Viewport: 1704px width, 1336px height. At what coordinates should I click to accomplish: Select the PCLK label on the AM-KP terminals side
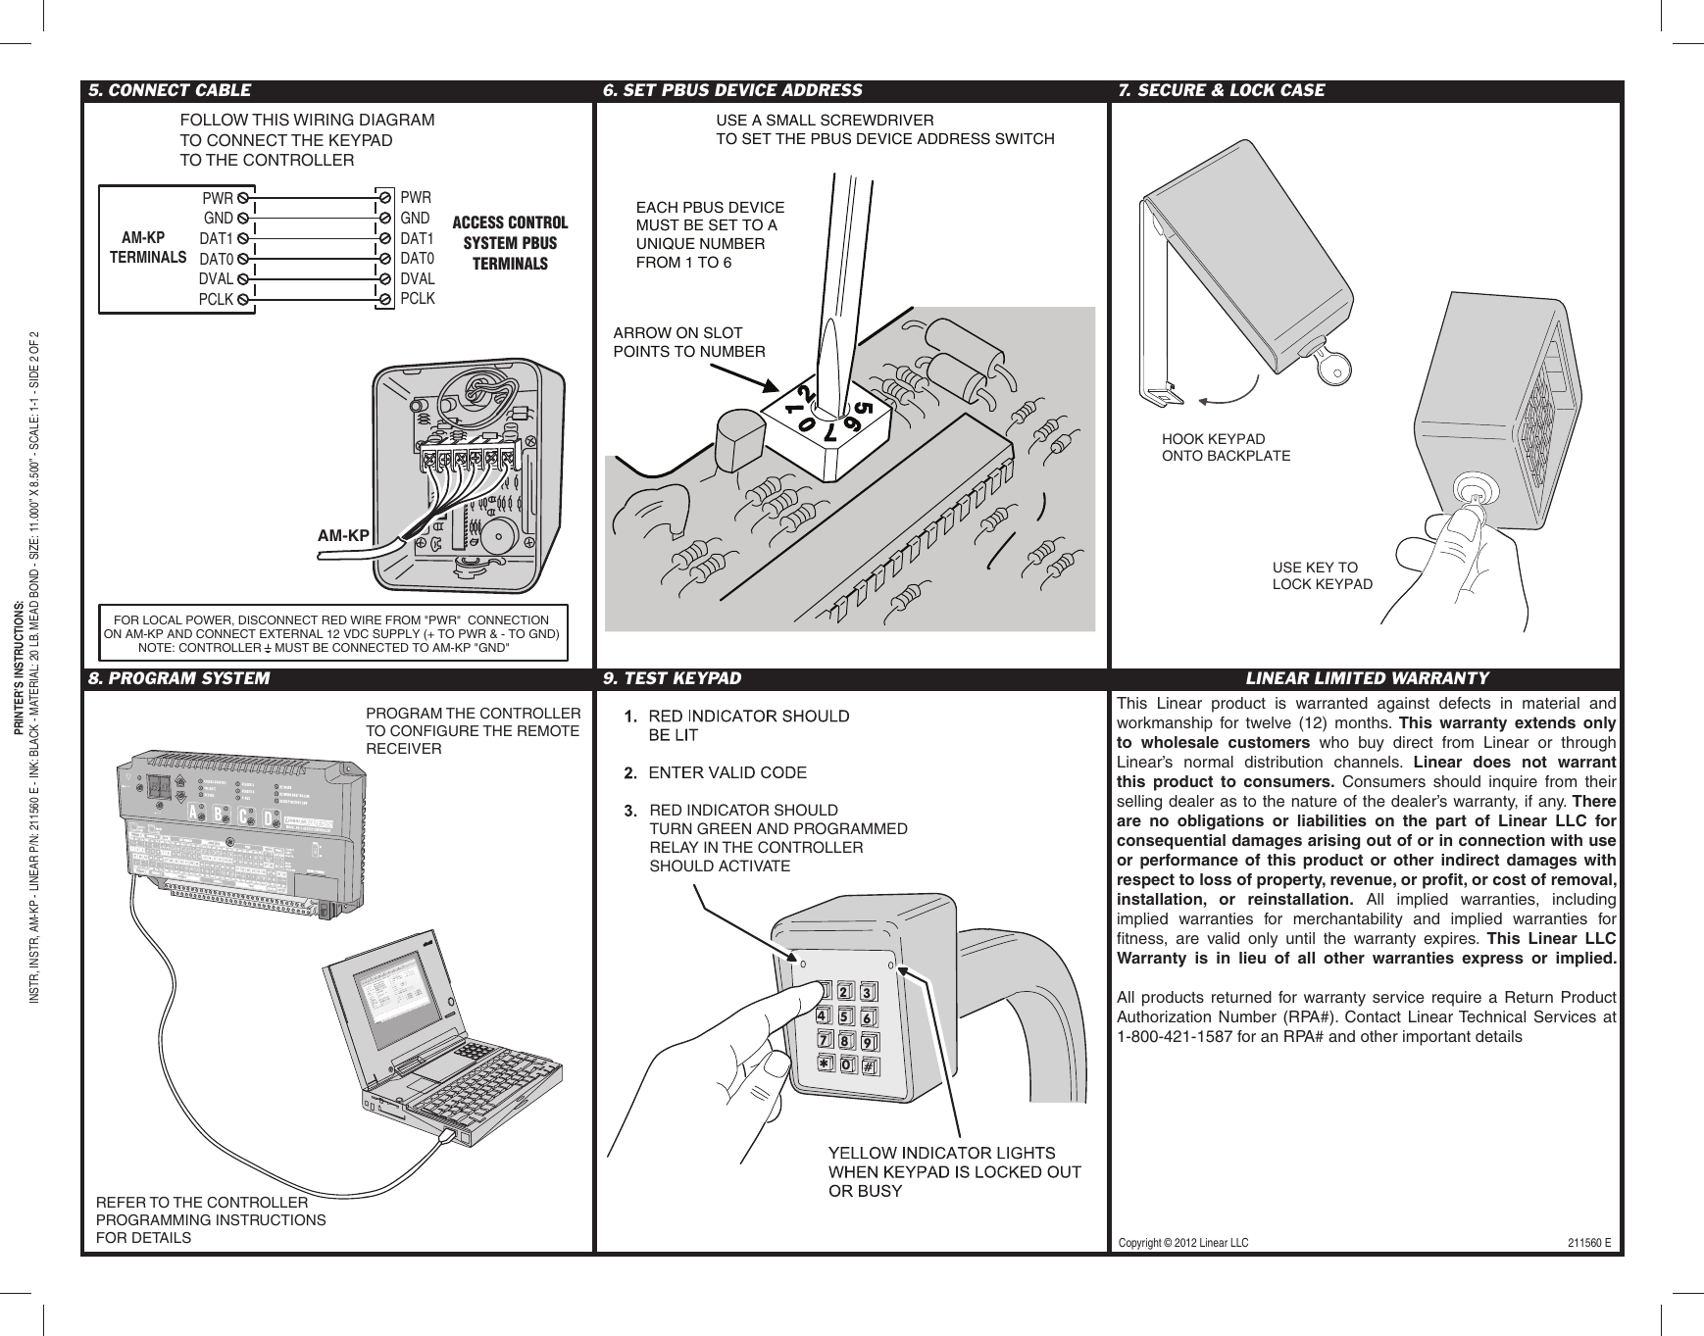tap(215, 300)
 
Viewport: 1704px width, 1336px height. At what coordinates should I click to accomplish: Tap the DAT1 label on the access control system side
tap(417, 238)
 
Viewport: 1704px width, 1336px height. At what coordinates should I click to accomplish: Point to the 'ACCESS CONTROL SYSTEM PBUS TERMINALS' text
tap(509, 243)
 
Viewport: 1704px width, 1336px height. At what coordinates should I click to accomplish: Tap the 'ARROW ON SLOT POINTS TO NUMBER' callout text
tap(688, 342)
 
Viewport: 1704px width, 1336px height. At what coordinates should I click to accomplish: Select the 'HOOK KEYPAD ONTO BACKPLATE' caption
tap(1226, 447)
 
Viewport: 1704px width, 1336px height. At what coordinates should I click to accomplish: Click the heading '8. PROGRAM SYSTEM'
tap(178, 678)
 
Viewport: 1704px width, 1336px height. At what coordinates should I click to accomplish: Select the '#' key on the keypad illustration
tap(871, 1065)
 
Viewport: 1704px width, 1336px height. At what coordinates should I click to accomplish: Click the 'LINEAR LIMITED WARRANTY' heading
tap(1366, 678)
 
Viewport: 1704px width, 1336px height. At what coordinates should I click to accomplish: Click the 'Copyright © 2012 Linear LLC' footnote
tap(1183, 1243)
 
